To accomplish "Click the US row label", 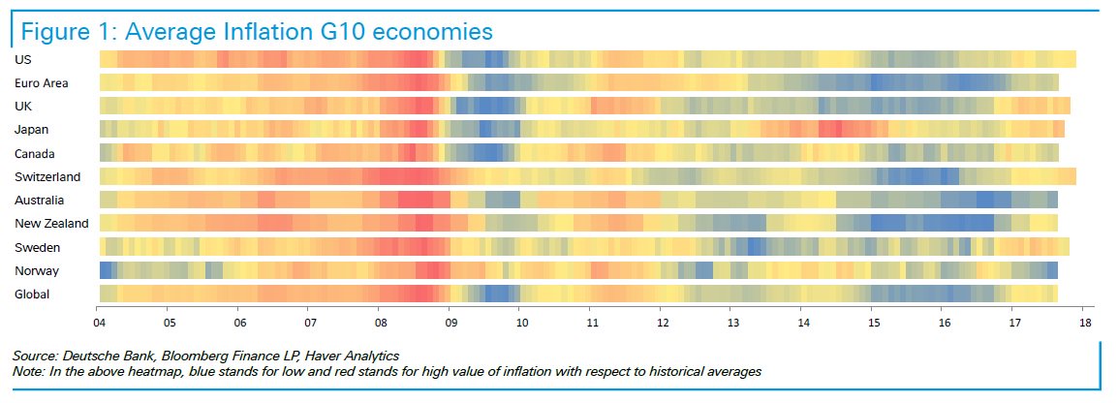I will (22, 59).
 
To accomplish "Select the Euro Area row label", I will (41, 82).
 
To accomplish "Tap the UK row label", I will (23, 106).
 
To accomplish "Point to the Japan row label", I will (31, 130).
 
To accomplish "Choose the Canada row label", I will (35, 153).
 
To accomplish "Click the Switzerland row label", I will (47, 176).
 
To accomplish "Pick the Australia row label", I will (40, 200).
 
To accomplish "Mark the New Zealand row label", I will (51, 224).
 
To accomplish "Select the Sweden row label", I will (35, 247).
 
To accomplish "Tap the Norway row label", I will (35, 270).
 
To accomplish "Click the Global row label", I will (32, 294).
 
